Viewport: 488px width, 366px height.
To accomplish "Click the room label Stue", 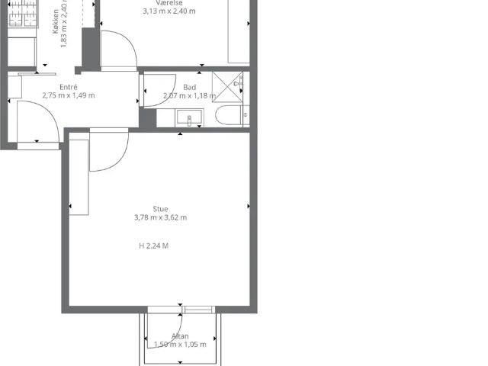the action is pos(160,209).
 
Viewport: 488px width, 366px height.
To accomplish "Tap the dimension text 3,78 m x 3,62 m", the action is pos(160,217).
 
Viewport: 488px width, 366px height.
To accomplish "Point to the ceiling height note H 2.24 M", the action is pos(153,246).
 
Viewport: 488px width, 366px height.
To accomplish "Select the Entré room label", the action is pos(69,87).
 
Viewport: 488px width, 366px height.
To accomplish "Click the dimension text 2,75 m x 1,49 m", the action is pos(69,95).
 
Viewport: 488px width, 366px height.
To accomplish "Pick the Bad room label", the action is pos(189,88).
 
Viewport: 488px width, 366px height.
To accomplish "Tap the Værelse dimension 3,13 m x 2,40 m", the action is pos(169,11).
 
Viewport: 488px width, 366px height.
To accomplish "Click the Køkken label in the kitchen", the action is pos(56,21).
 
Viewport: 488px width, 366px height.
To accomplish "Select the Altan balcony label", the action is pos(180,336).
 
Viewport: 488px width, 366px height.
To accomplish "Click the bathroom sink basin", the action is pos(189,117).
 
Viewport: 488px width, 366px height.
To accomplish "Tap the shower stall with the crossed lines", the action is pos(227,86).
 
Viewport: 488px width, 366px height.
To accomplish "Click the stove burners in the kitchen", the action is pos(23,13).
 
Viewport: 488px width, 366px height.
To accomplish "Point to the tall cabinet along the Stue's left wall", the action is pos(79,178).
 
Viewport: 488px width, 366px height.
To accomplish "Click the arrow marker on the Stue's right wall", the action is pos(249,206).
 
